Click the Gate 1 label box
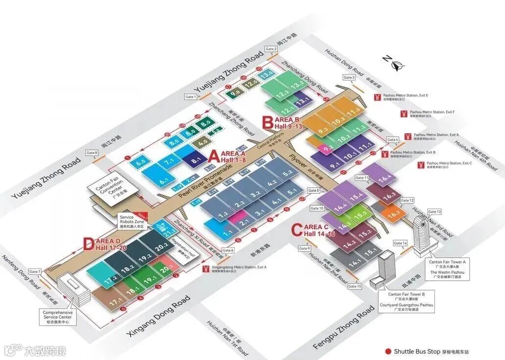(191, 97)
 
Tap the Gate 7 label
(35, 271)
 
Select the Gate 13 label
(434, 212)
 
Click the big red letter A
(214, 156)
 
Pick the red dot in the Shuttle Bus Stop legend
(389, 351)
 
